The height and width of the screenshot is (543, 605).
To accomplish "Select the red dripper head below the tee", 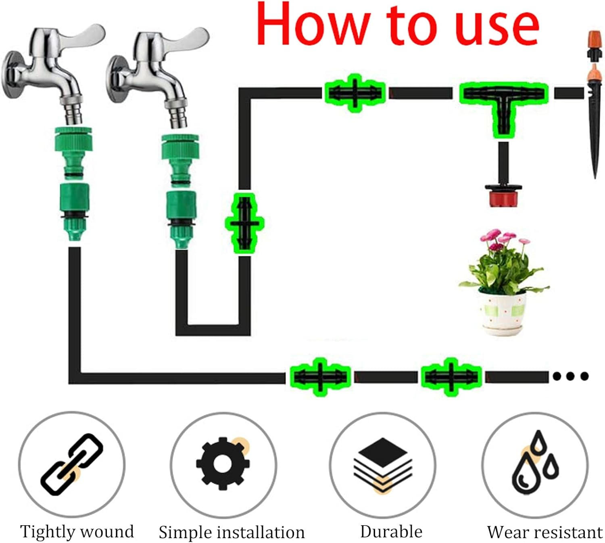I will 503,195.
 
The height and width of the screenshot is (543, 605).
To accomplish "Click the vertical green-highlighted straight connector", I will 244,223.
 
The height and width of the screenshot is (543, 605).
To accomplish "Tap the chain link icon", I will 72,464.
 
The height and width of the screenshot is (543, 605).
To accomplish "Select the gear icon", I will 221,464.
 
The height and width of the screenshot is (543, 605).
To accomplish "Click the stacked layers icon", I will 383,464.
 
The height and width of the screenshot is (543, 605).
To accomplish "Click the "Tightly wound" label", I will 77,531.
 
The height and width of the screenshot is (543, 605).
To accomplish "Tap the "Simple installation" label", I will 232,532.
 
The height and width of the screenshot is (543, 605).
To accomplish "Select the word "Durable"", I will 391,531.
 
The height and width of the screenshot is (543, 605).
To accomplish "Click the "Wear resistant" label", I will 544,532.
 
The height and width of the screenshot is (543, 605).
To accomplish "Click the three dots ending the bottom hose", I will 570,376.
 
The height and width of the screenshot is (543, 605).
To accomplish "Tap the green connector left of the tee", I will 355,93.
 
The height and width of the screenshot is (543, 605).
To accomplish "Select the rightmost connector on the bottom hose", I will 451,377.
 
